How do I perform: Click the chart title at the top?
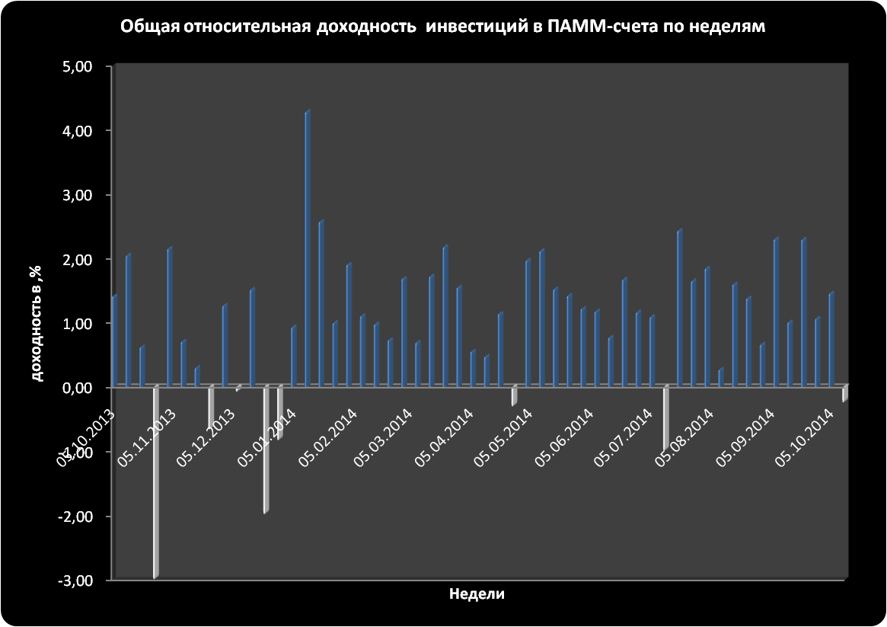coord(442,27)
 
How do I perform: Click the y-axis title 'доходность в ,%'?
coord(35,324)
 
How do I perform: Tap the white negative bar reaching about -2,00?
coord(266,449)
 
